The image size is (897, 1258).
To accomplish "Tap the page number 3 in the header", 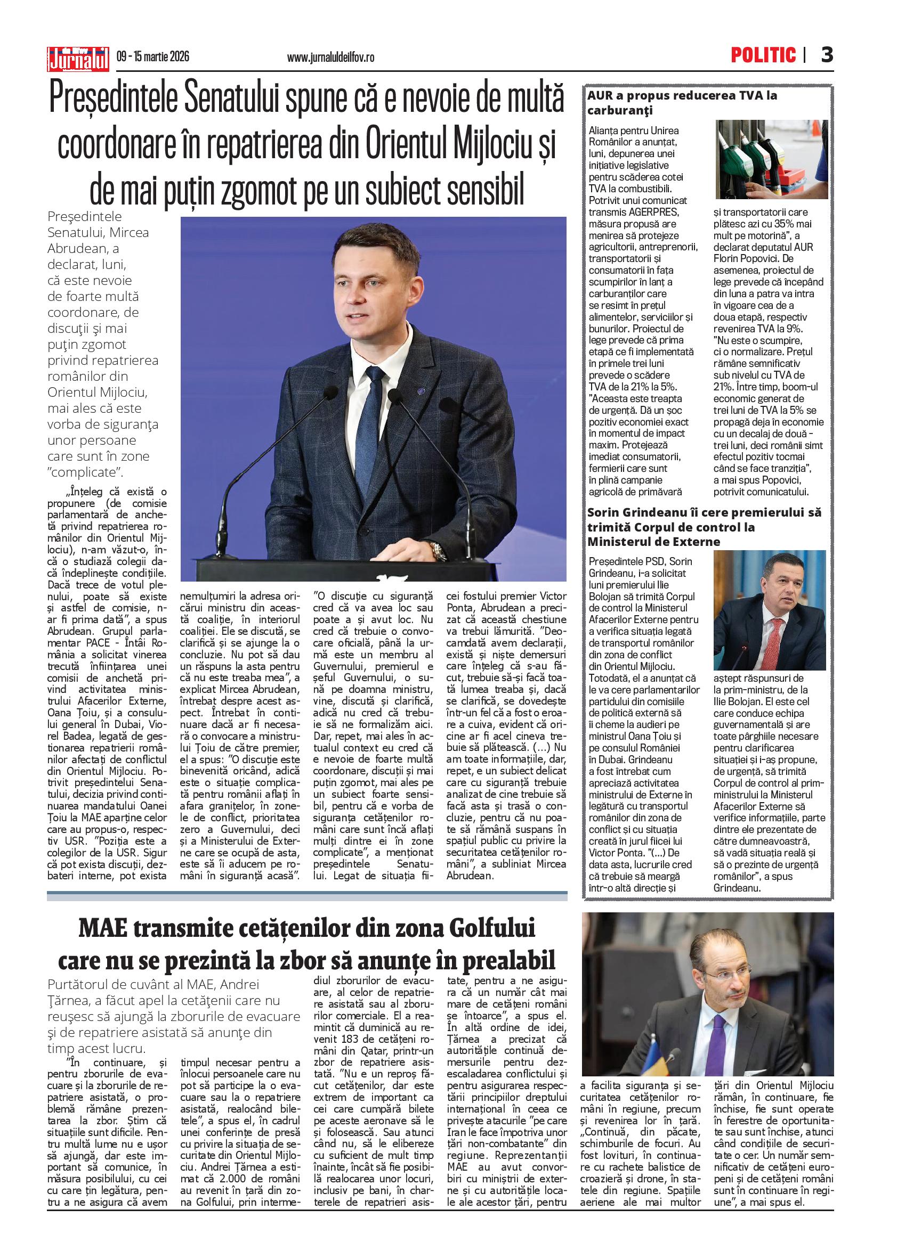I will pos(826,55).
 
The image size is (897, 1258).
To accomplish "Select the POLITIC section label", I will pos(763,55).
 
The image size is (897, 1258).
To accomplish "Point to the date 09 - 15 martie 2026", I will pos(153,56).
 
